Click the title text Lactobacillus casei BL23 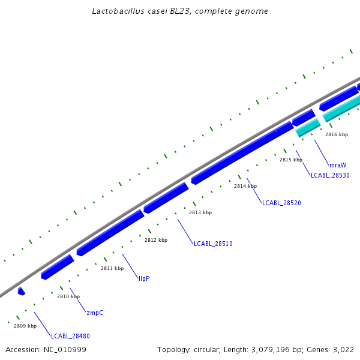(180, 11)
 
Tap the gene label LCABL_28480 (70, 336)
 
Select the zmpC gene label (95, 313)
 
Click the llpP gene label (144, 278)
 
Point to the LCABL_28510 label (213, 244)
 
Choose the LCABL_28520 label (281, 203)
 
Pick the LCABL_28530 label (330, 175)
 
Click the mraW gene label (338, 164)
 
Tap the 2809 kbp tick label (25, 326)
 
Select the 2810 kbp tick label (68, 296)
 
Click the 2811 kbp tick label (112, 268)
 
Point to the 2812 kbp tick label (156, 240)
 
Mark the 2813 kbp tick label (200, 212)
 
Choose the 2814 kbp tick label (245, 186)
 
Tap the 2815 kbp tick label (291, 160)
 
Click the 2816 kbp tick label (337, 134)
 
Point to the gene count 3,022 (344, 349)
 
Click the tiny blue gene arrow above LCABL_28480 (22, 291)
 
